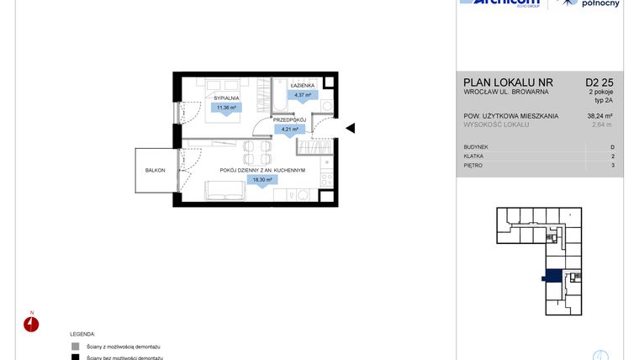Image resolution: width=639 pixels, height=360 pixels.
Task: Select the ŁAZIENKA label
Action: click(303, 87)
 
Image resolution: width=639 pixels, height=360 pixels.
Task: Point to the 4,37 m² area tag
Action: click(303, 95)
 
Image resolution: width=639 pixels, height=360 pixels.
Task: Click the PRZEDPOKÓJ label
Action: click(289, 120)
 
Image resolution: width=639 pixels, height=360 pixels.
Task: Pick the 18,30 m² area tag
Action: click(261, 179)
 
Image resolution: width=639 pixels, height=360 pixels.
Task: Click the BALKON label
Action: click(155, 170)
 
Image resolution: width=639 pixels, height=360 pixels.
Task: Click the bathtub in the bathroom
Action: click(278, 97)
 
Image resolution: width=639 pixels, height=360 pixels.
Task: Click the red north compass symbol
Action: click(32, 326)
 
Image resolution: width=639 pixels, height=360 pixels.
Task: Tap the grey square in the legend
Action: click(76, 347)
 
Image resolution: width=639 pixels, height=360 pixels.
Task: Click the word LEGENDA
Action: click(82, 334)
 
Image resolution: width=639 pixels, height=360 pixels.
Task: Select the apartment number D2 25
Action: click(599, 82)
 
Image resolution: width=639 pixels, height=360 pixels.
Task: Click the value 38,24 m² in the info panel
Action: click(599, 116)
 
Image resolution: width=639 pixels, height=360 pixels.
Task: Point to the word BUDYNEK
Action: click(476, 147)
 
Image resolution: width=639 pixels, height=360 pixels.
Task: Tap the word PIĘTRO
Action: click(473, 166)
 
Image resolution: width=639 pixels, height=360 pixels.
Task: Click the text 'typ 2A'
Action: click(604, 99)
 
